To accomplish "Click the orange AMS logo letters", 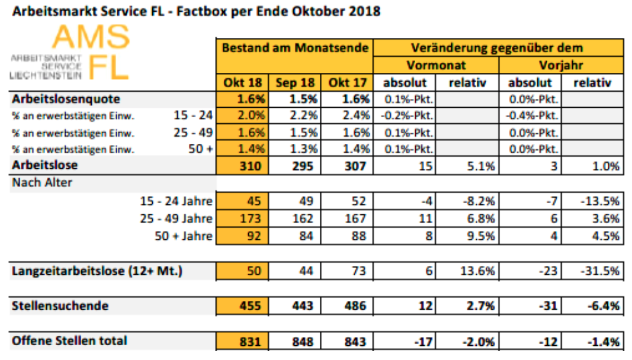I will point(91,37).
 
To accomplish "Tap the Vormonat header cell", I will point(436,65).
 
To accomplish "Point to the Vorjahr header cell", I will point(562,65).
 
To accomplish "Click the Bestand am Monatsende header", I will point(295,48).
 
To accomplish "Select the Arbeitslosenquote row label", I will point(66,99).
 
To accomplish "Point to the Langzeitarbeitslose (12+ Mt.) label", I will point(97,271).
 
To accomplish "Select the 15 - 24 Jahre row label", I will point(177,201).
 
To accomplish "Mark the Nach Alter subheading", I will point(42,183).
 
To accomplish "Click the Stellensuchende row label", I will point(60,306).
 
